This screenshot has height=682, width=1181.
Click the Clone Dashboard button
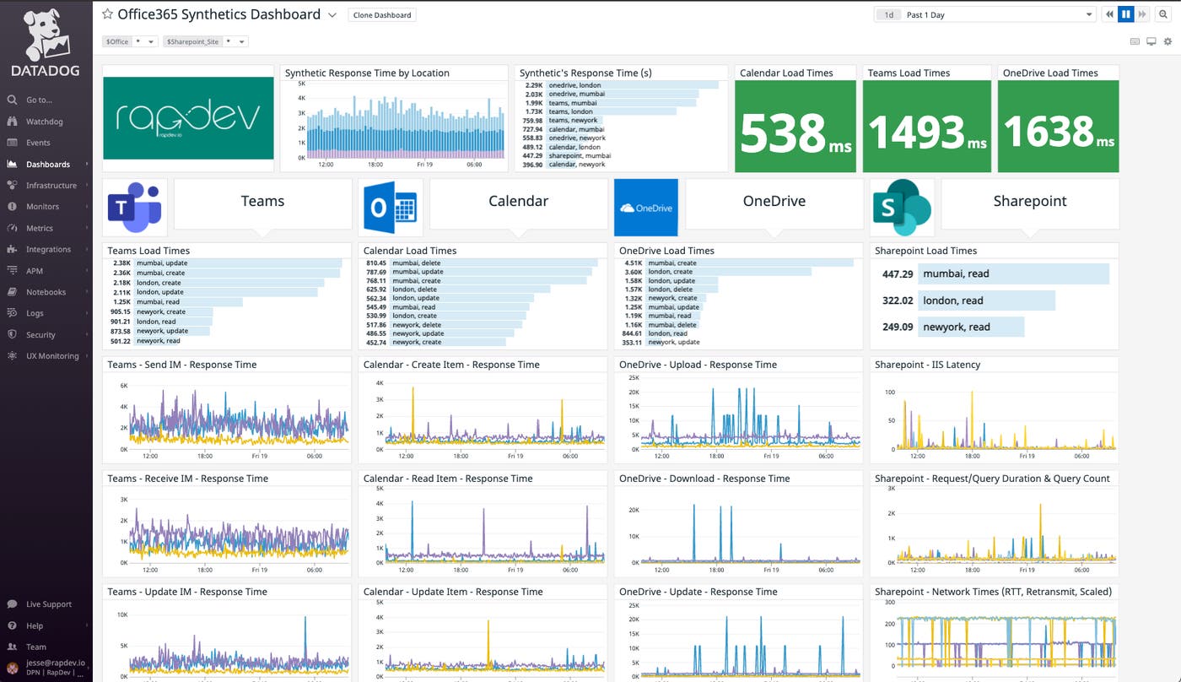tap(381, 15)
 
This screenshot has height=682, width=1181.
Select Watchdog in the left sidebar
tap(44, 122)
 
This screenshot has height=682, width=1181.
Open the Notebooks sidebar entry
tap(46, 292)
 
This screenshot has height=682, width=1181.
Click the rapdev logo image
tap(188, 118)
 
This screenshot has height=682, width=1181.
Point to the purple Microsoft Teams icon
tap(135, 207)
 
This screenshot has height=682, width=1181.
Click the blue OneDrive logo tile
tap(645, 207)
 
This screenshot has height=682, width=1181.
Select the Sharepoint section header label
tap(1029, 202)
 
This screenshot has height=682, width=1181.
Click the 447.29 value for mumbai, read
tap(898, 274)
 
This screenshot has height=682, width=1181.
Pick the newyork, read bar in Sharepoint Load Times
tap(970, 327)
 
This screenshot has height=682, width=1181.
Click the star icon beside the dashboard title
tap(107, 14)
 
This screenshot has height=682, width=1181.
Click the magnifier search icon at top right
tap(1168, 14)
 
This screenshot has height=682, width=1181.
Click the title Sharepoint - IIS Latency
tap(927, 365)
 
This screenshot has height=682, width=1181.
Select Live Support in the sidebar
tap(48, 604)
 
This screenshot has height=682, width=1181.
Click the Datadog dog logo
tap(46, 35)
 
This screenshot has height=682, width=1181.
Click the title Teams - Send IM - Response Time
tap(181, 365)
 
